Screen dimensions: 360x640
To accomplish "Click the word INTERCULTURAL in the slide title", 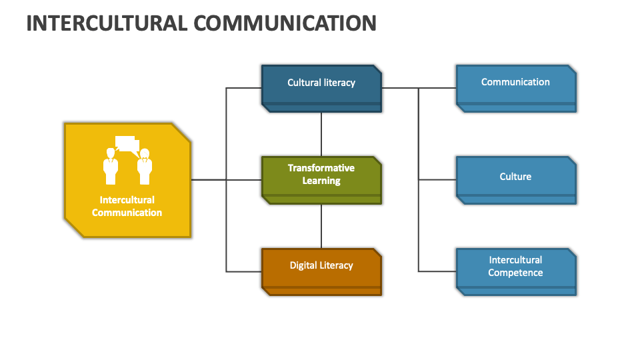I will coord(107,23).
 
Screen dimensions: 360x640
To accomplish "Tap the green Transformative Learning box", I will coord(321,179).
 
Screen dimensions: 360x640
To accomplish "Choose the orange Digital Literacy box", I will coord(321,271).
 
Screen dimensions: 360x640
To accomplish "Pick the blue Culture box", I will coord(515,179).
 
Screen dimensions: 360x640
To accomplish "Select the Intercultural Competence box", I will coord(515,271).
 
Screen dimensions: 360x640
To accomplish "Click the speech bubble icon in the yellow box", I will coord(125,143).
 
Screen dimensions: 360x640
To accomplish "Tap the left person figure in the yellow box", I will coord(111,167).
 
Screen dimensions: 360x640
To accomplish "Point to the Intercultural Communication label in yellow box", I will coord(127,206).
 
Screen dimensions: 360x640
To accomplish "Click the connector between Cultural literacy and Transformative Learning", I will coord(321,134).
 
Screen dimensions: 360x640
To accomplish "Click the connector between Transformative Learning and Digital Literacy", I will coord(321,226).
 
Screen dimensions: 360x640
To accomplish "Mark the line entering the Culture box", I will coord(437,179).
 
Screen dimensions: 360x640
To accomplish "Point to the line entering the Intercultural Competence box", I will coord(437,271).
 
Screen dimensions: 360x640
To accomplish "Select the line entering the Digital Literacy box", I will coord(244,271).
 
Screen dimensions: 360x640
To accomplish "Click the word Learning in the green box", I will coord(321,181).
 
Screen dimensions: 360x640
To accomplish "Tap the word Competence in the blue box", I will coord(515,273).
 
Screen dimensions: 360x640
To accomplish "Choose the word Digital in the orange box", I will coord(303,265).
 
